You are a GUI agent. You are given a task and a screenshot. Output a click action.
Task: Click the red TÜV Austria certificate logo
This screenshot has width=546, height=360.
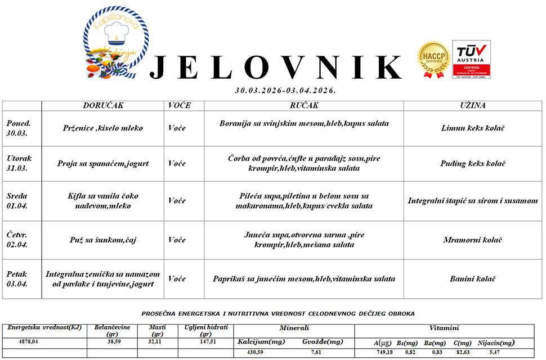(x=471, y=59)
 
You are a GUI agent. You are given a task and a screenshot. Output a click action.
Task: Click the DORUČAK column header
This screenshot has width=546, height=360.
(x=103, y=106)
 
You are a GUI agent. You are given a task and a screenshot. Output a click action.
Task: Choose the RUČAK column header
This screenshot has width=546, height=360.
(x=304, y=106)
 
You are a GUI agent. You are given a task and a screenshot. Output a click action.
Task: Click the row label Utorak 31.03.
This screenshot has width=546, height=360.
(x=18, y=163)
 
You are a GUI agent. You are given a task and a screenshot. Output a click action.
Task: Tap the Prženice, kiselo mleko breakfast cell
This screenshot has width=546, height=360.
(x=103, y=128)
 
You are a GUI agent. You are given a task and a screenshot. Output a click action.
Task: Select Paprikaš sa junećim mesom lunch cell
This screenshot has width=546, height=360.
(x=304, y=279)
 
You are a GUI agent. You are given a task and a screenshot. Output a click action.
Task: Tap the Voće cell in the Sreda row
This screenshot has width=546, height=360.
(x=177, y=201)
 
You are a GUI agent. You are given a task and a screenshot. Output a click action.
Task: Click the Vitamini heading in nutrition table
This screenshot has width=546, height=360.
(x=444, y=328)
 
